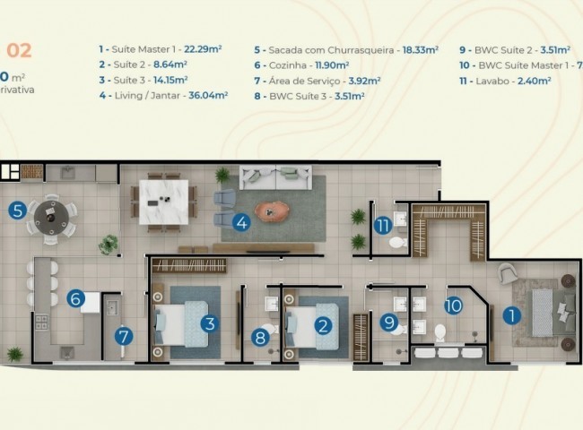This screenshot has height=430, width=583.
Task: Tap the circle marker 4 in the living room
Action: click(240, 222)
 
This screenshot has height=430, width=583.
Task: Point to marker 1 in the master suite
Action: click(511, 315)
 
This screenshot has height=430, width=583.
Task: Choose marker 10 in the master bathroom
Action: click(453, 305)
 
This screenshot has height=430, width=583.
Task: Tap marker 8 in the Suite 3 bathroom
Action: click(260, 338)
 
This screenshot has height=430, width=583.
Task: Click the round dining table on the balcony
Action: click(48, 217)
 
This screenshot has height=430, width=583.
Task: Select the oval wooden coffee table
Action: click(274, 211)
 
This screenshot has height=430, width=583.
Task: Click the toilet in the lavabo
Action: click(396, 241)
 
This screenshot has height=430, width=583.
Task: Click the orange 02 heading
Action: click(19, 50)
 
